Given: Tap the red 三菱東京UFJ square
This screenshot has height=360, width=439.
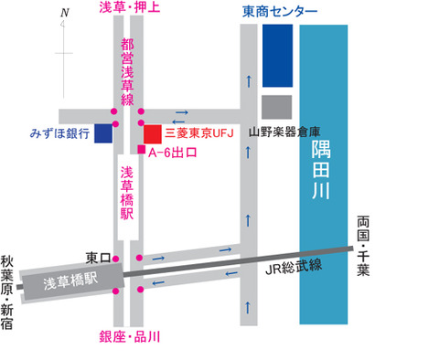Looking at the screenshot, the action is pos(153,133).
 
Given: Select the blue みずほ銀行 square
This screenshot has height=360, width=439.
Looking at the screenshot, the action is pos(103,133).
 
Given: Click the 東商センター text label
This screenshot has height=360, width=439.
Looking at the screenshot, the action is pos(281,12).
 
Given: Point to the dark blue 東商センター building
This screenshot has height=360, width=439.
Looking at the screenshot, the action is pos(277,54).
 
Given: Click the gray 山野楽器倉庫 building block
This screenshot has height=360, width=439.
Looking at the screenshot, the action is pos(277,106).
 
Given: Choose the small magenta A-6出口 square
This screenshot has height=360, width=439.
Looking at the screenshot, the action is pos(140,150).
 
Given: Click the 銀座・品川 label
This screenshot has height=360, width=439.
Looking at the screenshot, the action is pos(129,338).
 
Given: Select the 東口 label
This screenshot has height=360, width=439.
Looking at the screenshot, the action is pos(97,258).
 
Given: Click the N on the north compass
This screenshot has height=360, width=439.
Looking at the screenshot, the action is pos(63,14).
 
